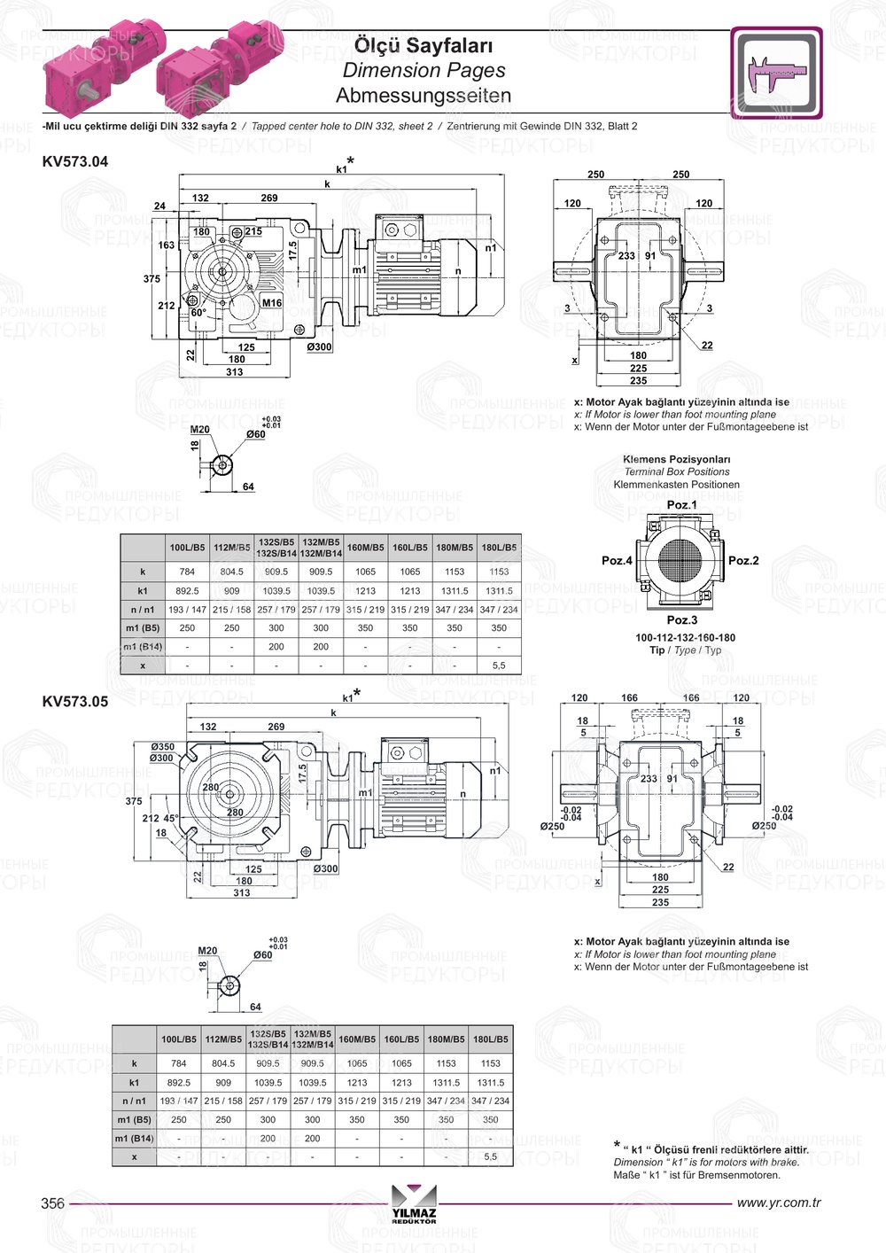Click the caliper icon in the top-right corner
(777, 73)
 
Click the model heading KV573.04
(75, 161)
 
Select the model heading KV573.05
(75, 701)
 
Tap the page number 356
(53, 1202)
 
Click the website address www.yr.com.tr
(779, 1202)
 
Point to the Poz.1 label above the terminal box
(681, 505)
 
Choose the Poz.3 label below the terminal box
(681, 620)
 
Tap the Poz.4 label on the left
(617, 561)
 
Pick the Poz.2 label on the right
(743, 561)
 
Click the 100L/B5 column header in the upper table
(187, 548)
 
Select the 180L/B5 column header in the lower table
(491, 1039)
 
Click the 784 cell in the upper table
(187, 572)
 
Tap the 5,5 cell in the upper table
(499, 665)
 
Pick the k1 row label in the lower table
(135, 1082)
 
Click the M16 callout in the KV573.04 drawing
(272, 303)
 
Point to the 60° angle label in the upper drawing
(198, 313)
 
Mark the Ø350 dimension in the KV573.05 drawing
(162, 747)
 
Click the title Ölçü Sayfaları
(424, 45)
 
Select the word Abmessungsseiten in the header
(424, 95)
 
